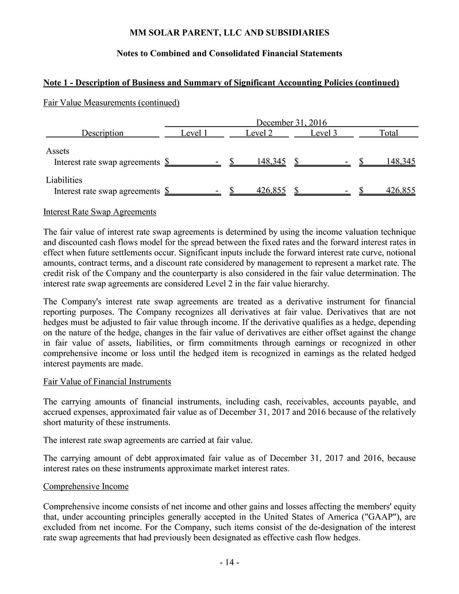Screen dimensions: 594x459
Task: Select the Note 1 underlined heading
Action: point(221,83)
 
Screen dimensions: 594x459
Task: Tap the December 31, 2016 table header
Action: point(291,122)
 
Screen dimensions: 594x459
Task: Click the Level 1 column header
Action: point(194,133)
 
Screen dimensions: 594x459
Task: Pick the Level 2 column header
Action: point(259,133)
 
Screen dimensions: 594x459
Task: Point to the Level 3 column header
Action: point(324,133)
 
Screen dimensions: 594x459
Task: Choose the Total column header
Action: point(389,133)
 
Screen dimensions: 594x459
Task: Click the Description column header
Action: point(102,133)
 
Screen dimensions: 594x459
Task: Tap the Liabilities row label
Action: point(64,180)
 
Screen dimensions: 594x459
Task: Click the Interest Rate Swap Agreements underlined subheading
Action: point(100,212)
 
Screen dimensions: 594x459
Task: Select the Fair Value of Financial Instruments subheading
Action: point(106,381)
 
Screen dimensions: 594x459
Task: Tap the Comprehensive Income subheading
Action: point(86,487)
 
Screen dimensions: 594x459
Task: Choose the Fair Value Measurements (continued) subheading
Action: point(111,103)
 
